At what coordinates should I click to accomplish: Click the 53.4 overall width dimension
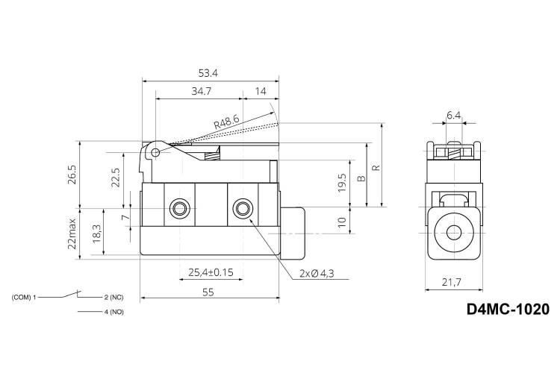[x=208, y=73]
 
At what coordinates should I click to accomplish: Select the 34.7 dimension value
[x=202, y=91]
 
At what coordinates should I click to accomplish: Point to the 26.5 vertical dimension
[x=72, y=175]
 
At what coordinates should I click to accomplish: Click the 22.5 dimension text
[x=115, y=178]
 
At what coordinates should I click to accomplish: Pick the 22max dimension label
[x=72, y=233]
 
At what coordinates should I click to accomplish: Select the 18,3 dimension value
[x=97, y=233]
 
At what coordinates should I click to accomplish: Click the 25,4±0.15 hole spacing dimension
[x=211, y=273]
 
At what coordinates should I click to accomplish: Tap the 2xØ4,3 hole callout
[x=317, y=274]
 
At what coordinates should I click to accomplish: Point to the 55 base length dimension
[x=208, y=292]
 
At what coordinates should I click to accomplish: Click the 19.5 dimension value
[x=342, y=183]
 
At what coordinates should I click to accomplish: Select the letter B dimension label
[x=361, y=178]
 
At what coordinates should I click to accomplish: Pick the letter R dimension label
[x=376, y=167]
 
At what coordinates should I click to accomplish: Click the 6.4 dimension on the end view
[x=453, y=115]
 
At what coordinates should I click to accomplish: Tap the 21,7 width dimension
[x=452, y=282]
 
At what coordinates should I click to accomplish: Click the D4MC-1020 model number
[x=508, y=309]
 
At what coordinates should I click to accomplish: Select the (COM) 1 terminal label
[x=24, y=297]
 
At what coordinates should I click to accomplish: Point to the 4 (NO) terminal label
[x=114, y=312]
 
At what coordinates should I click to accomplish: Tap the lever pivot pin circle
[x=155, y=153]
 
